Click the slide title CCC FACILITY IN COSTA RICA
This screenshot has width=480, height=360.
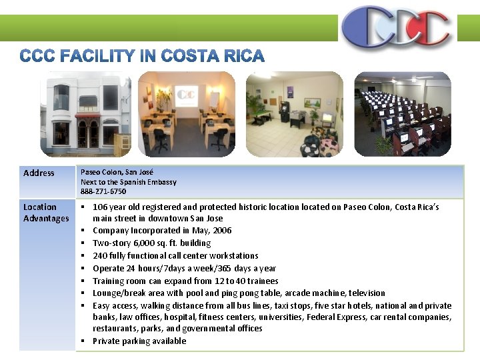[142, 56]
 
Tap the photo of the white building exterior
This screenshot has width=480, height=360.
[85, 114]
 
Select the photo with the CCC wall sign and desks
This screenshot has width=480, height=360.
[187, 114]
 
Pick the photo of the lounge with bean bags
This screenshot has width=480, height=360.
[294, 114]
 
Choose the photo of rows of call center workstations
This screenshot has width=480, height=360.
[402, 114]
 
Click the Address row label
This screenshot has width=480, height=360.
[39, 173]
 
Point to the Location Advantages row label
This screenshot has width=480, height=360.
[46, 213]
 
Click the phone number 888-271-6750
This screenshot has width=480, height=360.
[103, 191]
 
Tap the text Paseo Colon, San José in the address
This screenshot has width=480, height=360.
[117, 172]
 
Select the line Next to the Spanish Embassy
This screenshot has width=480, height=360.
[129, 182]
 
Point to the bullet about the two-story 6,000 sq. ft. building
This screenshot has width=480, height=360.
[151, 243]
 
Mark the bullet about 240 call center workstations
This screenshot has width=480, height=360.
[175, 256]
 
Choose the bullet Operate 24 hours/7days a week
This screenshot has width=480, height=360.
[184, 269]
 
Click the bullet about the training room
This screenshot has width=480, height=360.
[185, 281]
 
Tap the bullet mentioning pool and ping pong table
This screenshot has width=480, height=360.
[239, 293]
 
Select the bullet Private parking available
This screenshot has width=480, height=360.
[139, 341]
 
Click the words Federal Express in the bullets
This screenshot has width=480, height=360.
[337, 317]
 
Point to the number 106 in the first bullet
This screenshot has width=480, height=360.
[100, 207]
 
